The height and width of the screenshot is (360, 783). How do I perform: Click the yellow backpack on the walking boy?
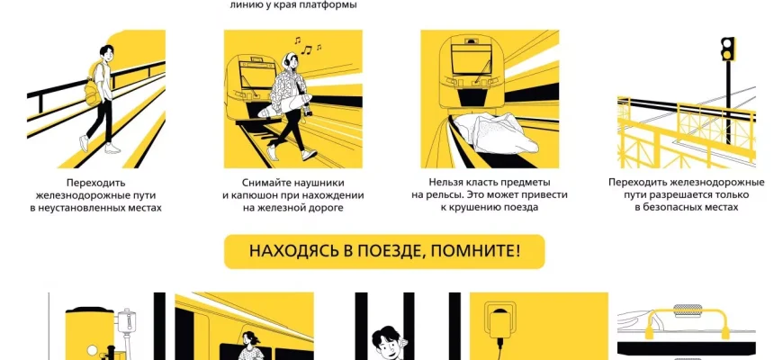93,85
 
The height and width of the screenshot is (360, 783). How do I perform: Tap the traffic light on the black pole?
727,49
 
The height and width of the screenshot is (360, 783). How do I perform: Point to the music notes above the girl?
308,45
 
